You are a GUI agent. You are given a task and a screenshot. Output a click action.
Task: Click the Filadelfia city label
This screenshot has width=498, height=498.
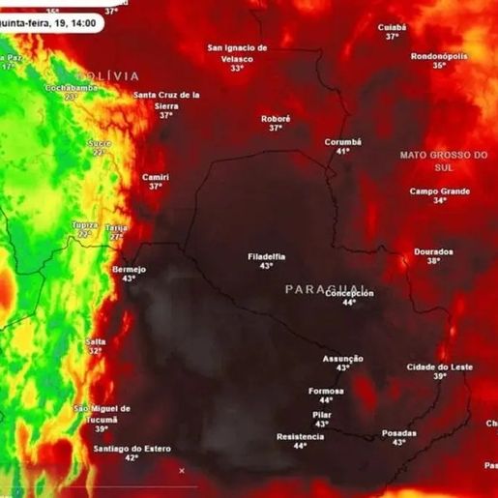coord(266,256)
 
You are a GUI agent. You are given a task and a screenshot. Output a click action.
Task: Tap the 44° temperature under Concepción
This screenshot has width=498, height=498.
coord(349,303)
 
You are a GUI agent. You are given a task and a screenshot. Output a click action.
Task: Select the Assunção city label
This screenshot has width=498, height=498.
coord(342,359)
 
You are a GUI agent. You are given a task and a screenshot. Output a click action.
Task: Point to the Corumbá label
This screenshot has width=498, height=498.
coord(342,141)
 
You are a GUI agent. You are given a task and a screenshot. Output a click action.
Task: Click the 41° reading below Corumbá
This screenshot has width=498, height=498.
coord(342,152)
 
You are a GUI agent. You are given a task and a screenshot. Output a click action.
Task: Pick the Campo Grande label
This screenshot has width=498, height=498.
coord(439,190)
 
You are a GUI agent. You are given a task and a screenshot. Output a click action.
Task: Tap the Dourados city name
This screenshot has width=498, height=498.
coord(433,251)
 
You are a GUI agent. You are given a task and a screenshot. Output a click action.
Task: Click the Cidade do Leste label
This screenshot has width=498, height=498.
coord(440,366)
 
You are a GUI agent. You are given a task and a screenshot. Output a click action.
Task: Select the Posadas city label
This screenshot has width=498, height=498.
coord(399,432)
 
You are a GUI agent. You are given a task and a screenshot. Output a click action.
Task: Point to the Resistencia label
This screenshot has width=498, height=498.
coord(300,436)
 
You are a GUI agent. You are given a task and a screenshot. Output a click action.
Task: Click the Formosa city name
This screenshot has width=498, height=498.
coord(326,391)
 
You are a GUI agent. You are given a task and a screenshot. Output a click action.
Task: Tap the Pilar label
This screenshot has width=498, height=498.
coord(322,414)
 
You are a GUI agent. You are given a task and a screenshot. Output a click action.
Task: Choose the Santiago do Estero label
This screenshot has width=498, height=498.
coord(132,449)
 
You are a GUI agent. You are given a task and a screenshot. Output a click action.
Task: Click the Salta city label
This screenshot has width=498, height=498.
coord(96,341)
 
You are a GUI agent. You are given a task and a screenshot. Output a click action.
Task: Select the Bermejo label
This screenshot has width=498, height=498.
coord(129,269)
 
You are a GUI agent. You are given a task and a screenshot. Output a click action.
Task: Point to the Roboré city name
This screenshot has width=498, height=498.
coord(276,118)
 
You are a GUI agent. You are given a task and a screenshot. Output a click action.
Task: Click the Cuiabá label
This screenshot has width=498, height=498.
coord(392,27)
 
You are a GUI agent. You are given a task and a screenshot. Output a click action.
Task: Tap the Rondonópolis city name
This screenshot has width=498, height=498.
coord(440,56)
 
